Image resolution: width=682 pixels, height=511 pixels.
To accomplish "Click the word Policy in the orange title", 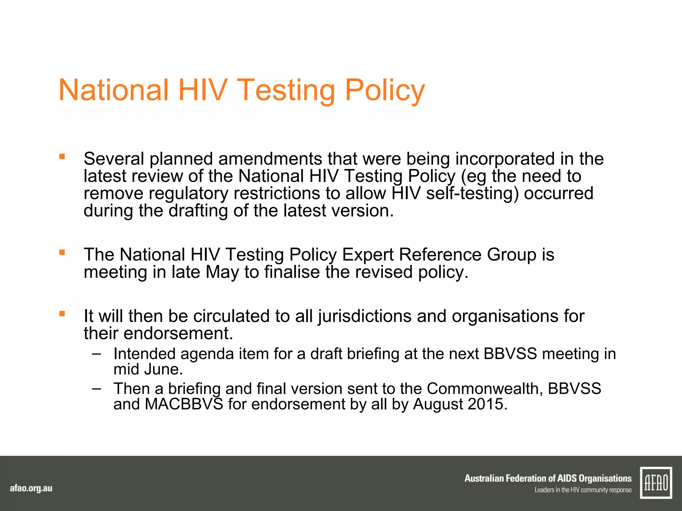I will pyautogui.click(x=385, y=90).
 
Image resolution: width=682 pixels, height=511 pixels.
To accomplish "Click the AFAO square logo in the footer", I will pyautogui.click(x=656, y=483).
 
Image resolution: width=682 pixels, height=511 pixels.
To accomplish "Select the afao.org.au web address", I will pyautogui.click(x=31, y=488).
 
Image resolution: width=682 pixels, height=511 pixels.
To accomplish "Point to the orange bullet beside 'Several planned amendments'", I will pyautogui.click(x=62, y=156).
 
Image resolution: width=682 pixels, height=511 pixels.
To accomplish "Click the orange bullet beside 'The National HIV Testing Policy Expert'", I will pyautogui.click(x=62, y=252).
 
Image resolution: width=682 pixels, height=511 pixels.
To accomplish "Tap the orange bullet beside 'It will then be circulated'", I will pyautogui.click(x=62, y=313).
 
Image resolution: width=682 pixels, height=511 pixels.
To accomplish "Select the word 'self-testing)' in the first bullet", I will pyautogui.click(x=472, y=193).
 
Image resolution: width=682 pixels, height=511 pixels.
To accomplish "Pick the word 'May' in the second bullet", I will pyautogui.click(x=222, y=272).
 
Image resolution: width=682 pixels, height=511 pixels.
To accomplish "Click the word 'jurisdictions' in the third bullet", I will pyautogui.click(x=365, y=316).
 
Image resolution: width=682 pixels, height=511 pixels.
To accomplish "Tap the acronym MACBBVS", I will pyautogui.click(x=184, y=404).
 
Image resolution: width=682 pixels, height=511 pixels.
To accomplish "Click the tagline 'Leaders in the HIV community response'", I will pyautogui.click(x=583, y=490).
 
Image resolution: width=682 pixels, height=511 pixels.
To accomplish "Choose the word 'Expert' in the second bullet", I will pyautogui.click(x=368, y=255).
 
